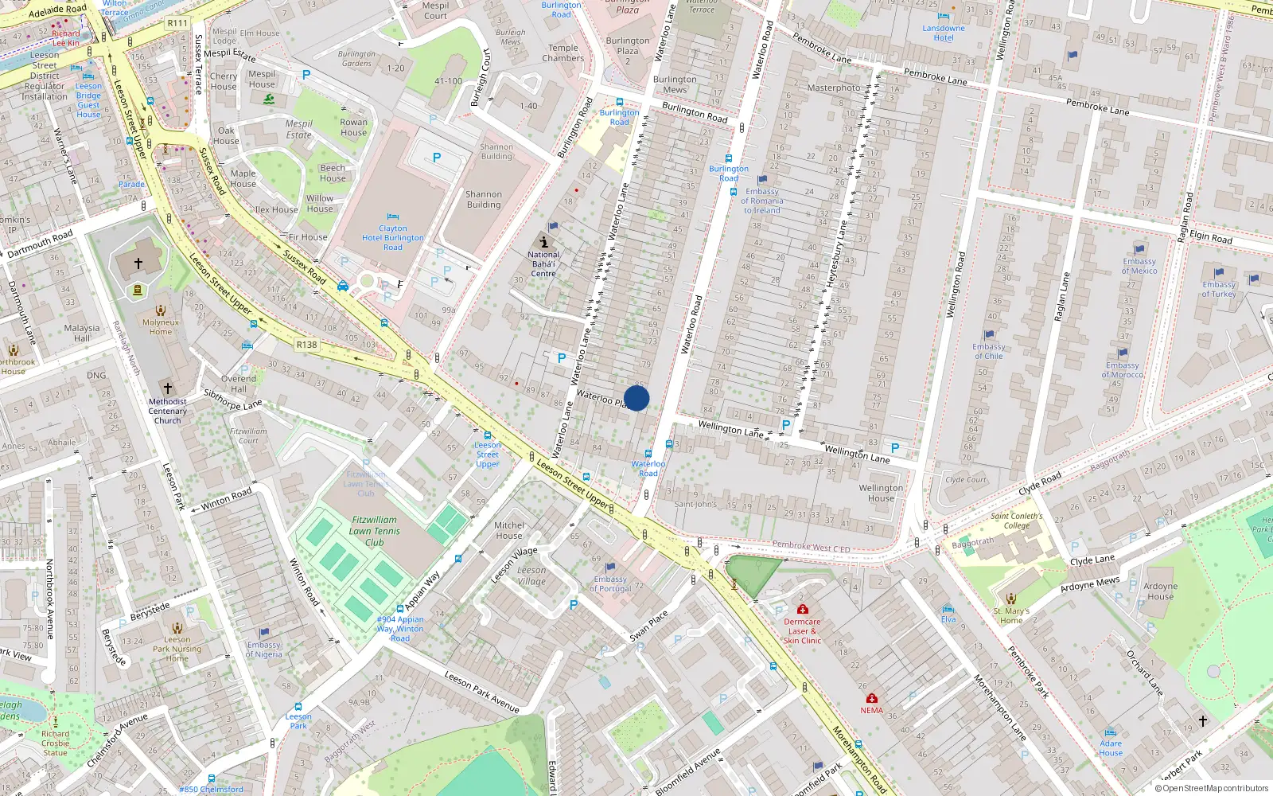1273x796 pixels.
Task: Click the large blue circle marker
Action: coord(636,398)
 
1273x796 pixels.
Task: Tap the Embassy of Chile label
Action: coord(989,351)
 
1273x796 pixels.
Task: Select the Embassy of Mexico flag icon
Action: coord(1139,249)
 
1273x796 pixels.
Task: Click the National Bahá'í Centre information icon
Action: coord(543,242)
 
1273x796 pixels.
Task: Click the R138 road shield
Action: coord(306,345)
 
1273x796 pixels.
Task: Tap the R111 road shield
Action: coord(177,23)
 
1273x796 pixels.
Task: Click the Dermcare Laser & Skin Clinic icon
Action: coord(802,609)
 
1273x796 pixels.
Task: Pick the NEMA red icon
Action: coord(871,698)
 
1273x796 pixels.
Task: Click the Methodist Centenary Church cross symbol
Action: coord(168,388)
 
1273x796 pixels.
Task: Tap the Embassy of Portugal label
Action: coord(610,583)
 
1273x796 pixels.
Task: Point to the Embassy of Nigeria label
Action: coord(263,650)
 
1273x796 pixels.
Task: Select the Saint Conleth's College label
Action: coord(1016,521)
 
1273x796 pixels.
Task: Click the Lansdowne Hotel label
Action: coord(944,33)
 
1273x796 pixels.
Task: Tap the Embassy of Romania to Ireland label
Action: coord(762,201)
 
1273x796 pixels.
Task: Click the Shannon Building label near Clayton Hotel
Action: coord(484,199)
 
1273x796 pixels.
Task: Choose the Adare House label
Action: coord(1111,748)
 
